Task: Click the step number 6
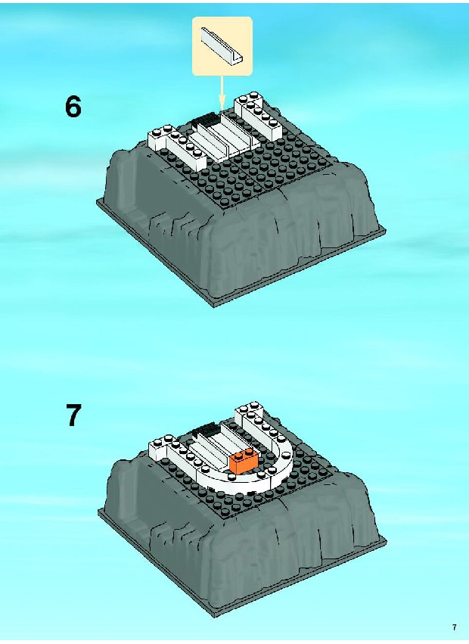[x=73, y=107]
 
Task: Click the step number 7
[x=73, y=415]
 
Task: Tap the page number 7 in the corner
[x=454, y=627]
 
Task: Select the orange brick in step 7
[x=244, y=459]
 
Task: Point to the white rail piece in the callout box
[x=222, y=45]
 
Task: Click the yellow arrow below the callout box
[x=222, y=94]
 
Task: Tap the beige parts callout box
[x=222, y=46]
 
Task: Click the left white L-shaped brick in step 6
[x=177, y=147]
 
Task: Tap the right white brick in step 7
[x=257, y=423]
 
